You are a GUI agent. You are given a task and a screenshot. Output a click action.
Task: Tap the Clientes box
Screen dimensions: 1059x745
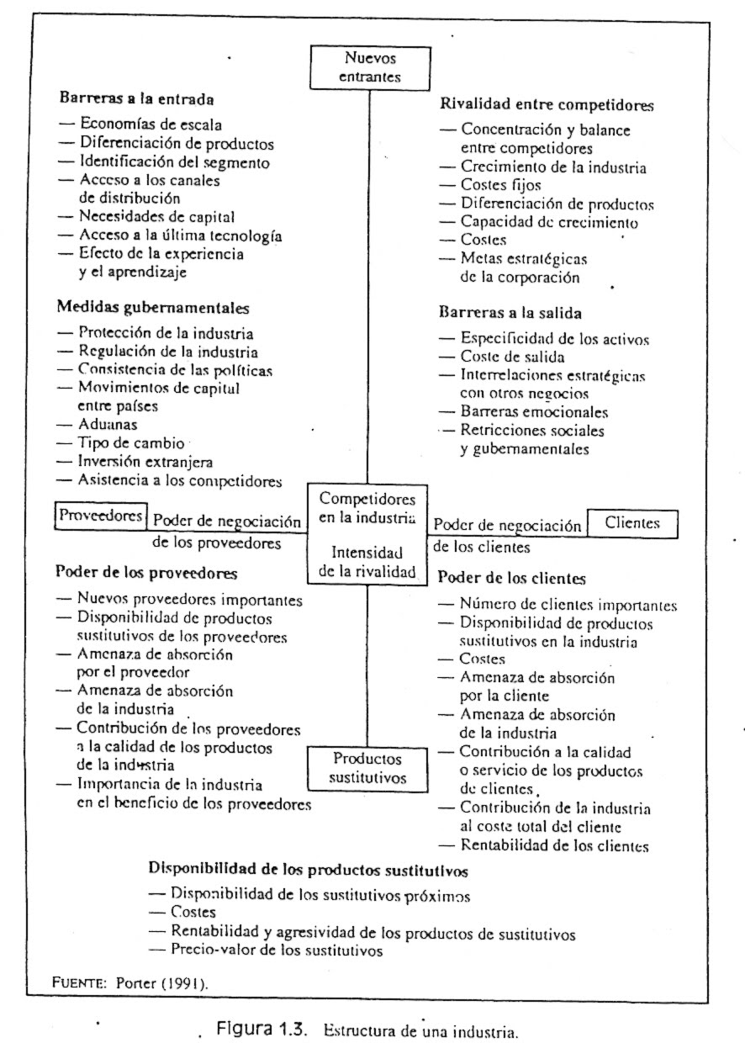click(x=632, y=523)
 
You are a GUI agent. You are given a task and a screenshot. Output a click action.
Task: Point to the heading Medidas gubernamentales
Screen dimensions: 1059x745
click(x=152, y=308)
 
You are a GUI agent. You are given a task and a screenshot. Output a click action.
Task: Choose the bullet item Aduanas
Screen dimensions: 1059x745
click(x=108, y=426)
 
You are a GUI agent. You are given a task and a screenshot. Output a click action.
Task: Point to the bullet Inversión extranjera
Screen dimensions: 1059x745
click(x=145, y=462)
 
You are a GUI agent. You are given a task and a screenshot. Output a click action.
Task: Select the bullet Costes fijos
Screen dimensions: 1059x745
click(x=500, y=185)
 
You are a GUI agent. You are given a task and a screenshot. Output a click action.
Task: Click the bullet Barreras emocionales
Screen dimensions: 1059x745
click(x=534, y=412)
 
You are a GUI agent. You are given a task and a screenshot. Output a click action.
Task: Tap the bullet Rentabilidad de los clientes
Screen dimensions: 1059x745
click(x=554, y=845)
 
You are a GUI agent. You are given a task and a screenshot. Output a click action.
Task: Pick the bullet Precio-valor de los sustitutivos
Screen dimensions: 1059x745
click(x=277, y=950)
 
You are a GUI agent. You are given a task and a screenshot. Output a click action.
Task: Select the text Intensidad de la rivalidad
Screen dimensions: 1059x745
click(x=367, y=563)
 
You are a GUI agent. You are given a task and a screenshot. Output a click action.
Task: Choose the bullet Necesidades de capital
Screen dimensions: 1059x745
click(x=156, y=217)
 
